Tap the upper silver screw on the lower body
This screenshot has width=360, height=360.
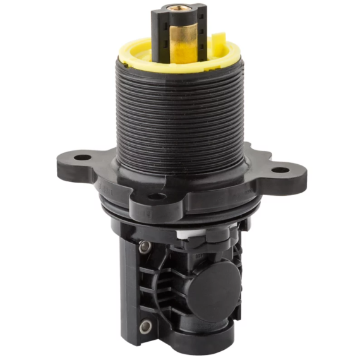144,246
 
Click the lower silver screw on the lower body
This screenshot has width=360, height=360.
145,327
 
